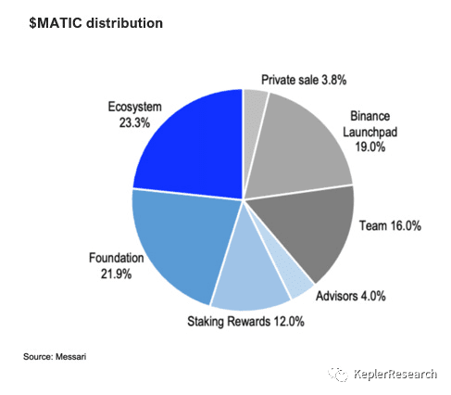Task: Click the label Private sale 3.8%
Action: pyautogui.click(x=304, y=80)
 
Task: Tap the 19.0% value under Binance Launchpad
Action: pyautogui.click(x=370, y=147)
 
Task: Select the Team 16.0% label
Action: pyautogui.click(x=390, y=225)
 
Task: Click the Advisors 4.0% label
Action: pyautogui.click(x=351, y=296)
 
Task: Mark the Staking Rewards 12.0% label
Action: pyautogui.click(x=245, y=322)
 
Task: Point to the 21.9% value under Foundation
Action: pyautogui.click(x=116, y=274)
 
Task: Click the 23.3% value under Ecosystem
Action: pyautogui.click(x=134, y=122)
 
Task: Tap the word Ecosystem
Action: pyautogui.click(x=135, y=107)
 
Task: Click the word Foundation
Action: pyautogui.click(x=117, y=258)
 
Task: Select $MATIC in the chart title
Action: pyautogui.click(x=56, y=23)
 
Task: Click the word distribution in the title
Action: pyautogui.click(x=124, y=23)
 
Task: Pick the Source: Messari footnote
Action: pyautogui.click(x=55, y=357)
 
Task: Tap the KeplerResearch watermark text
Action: pyautogui.click(x=395, y=374)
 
